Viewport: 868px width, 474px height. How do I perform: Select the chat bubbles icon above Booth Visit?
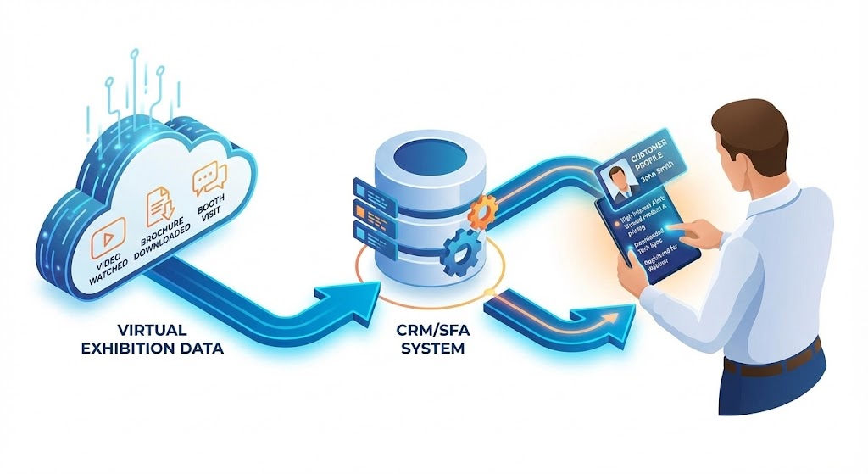209,181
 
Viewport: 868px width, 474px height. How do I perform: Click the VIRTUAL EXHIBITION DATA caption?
153,337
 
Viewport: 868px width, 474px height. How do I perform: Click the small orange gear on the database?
481,211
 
